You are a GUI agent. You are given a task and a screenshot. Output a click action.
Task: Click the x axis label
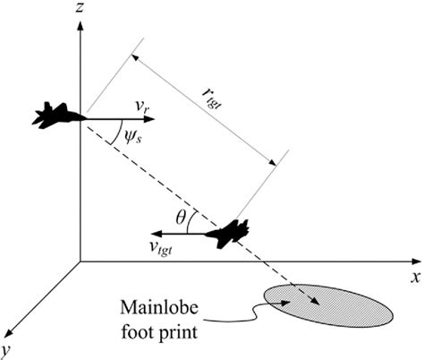tap(414, 278)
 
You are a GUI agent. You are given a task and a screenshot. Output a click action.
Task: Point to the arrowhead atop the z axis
tap(81, 21)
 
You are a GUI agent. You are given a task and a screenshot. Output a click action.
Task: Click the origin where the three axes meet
tap(81, 261)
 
